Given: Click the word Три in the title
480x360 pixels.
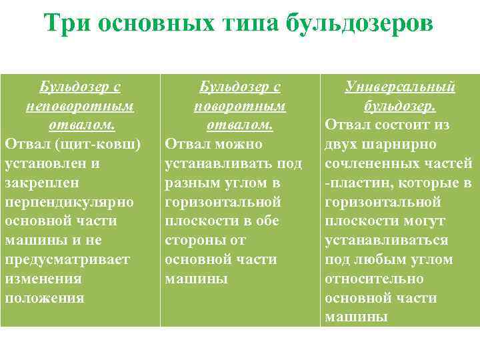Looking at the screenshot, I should [68, 24].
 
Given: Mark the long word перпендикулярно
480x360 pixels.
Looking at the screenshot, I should [69, 201].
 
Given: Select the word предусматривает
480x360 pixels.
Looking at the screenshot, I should [67, 259].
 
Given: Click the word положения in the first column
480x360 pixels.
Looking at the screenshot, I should [44, 297].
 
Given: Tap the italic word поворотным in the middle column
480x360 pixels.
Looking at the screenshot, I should [239, 106].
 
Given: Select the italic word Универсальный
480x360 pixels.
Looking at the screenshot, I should [400, 87].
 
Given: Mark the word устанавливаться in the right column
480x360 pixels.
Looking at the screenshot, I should [386, 240].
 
